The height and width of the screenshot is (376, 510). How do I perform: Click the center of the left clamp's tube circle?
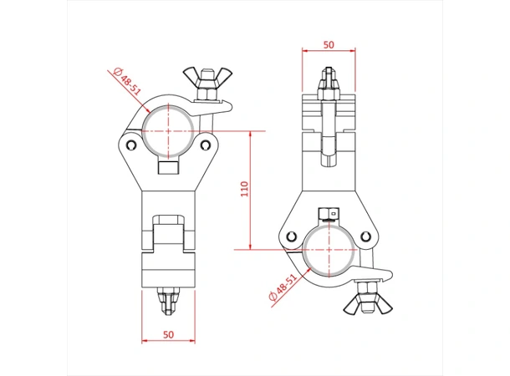[170, 130]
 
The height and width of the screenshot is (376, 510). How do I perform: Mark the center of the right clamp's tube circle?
[329, 249]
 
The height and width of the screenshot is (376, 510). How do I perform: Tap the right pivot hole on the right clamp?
[369, 234]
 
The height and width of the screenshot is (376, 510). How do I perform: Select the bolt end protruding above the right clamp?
[329, 81]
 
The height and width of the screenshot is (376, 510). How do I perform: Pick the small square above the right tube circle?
[329, 211]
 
